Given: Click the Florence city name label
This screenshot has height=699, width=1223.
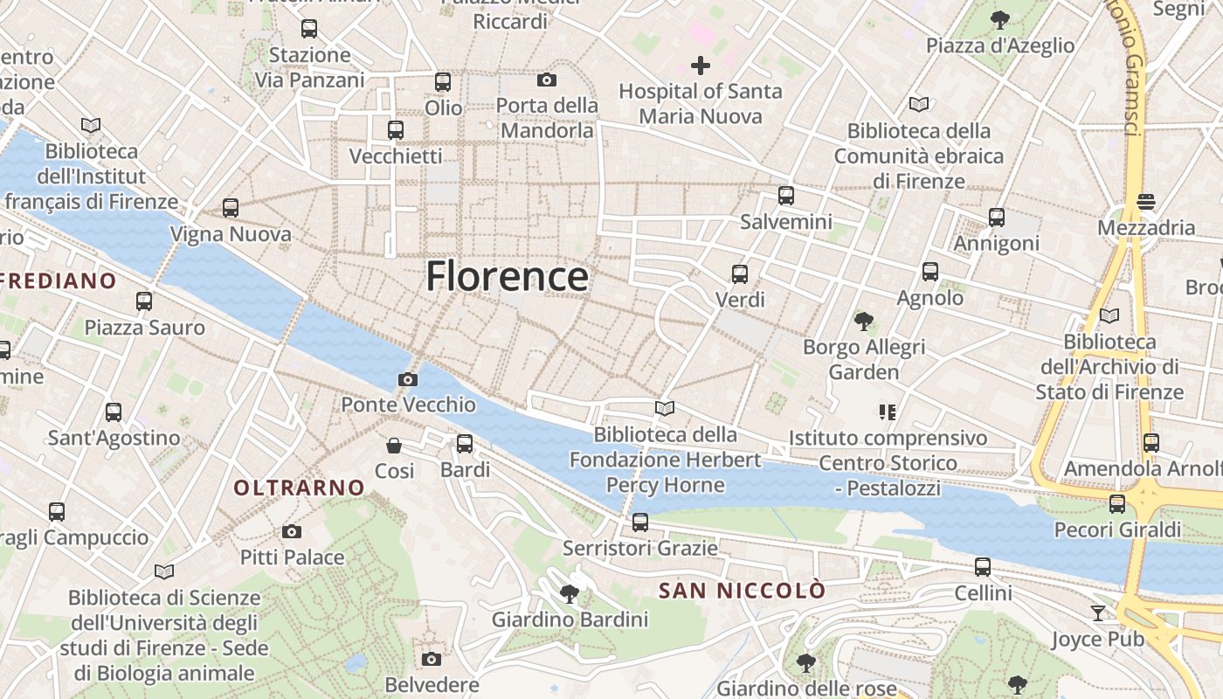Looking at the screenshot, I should pos(507,276).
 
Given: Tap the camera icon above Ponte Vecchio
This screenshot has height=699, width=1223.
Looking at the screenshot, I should pos(407,379).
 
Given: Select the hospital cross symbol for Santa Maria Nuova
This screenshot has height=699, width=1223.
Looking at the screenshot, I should pos(701,66).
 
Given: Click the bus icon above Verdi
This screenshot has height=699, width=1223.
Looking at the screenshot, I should pos(740,274).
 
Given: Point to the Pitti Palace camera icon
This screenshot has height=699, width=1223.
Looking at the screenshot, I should pos(292,531).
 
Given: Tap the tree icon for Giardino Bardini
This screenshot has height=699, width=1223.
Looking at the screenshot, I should pos(570,594).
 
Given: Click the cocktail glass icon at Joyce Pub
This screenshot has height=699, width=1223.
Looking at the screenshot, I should pos(1098,613).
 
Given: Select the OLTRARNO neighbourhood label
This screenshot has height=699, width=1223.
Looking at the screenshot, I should pos(299,488).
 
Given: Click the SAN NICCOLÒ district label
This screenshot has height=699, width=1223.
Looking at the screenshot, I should pos(742,591).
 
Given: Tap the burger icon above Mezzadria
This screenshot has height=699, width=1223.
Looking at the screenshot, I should pos(1147,202).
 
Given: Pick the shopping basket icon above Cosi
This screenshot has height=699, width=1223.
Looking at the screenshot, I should pos(394,446).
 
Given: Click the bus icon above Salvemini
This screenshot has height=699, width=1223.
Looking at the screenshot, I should pos(786,196).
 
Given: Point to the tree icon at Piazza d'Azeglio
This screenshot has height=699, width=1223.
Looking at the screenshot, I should pos(1000,19).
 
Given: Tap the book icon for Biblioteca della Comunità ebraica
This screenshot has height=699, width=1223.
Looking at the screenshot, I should pos(918,105).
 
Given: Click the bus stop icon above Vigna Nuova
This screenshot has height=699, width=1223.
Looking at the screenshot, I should pos(231,208).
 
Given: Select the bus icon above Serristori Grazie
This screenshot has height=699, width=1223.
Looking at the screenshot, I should pos(640,523).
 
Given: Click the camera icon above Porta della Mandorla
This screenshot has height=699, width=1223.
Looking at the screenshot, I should pos(547,80).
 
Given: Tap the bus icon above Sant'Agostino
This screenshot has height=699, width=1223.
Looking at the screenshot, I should pos(114,412).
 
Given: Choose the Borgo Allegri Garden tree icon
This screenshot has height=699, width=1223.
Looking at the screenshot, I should pos(864,322).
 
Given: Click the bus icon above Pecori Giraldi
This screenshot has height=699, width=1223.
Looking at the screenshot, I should pos(1117,503).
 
